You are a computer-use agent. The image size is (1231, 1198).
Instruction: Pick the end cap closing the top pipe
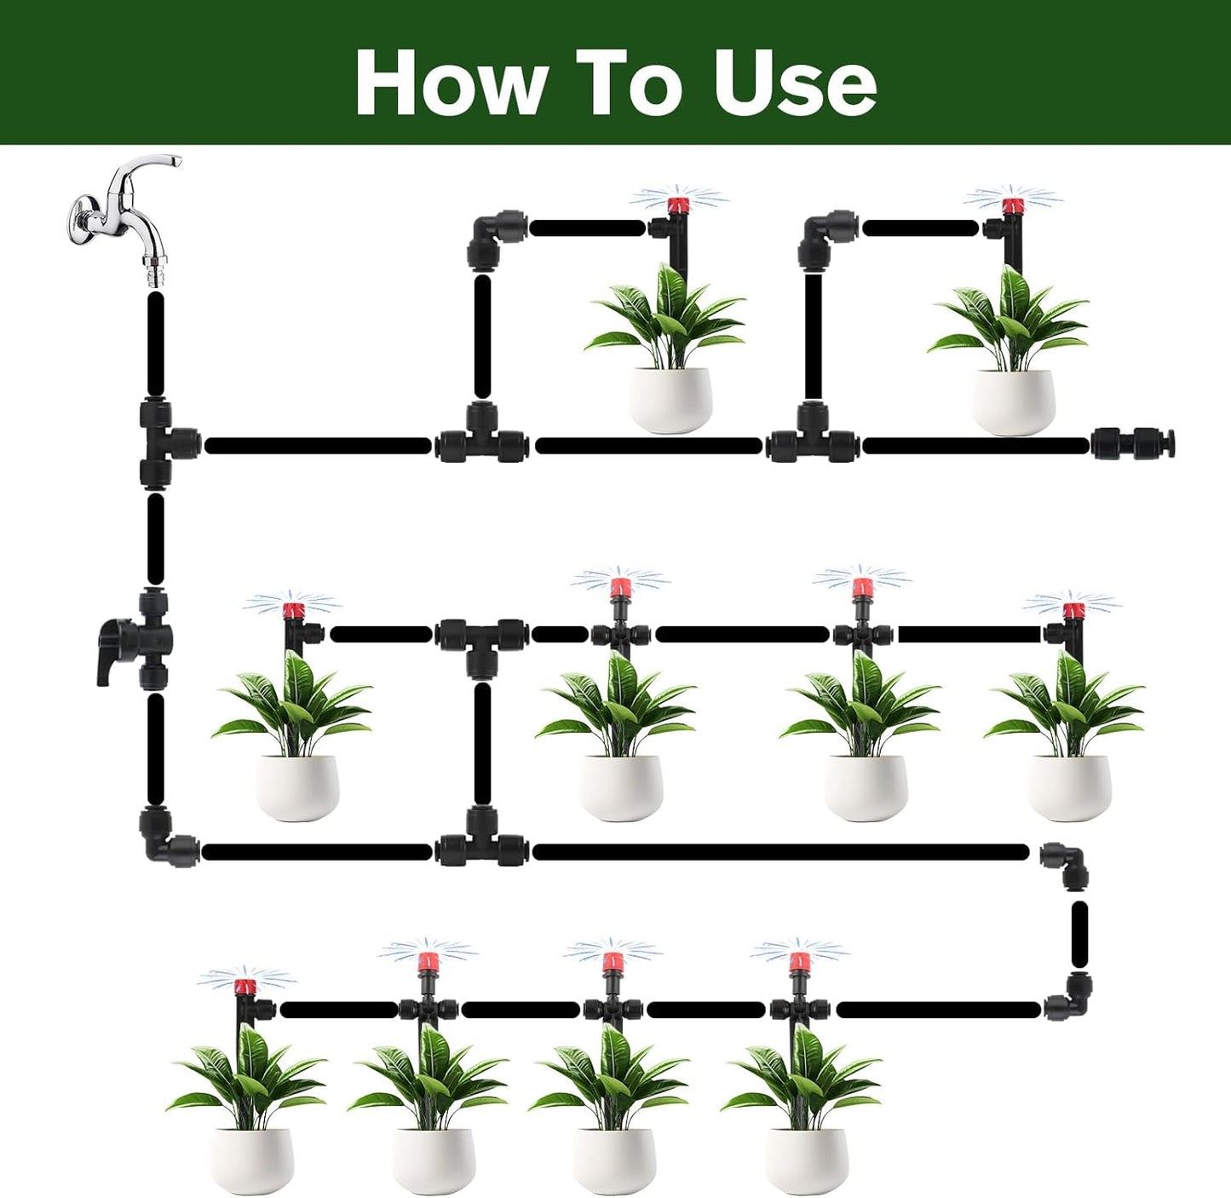pyautogui.click(x=1133, y=444)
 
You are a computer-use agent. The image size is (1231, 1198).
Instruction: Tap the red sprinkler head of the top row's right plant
pyautogui.click(x=1011, y=205)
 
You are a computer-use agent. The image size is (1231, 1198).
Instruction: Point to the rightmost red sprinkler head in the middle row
pyautogui.click(x=1073, y=610)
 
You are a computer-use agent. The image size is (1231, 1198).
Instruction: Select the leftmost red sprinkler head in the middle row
pyautogui.click(x=293, y=610)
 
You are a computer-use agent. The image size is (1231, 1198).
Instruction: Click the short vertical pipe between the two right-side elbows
pyautogui.click(x=1079, y=938)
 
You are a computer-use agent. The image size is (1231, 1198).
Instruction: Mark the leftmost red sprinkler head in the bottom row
pyautogui.click(x=245, y=988)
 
